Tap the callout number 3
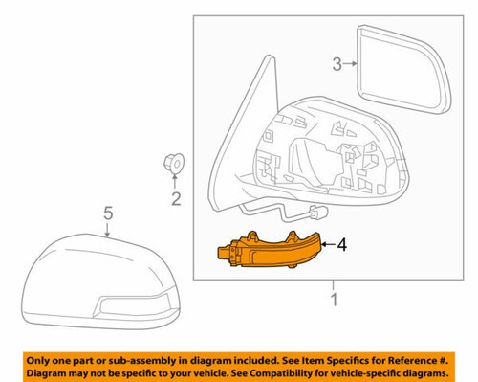(x=337, y=65)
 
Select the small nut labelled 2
(x=173, y=166)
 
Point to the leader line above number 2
(x=174, y=184)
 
